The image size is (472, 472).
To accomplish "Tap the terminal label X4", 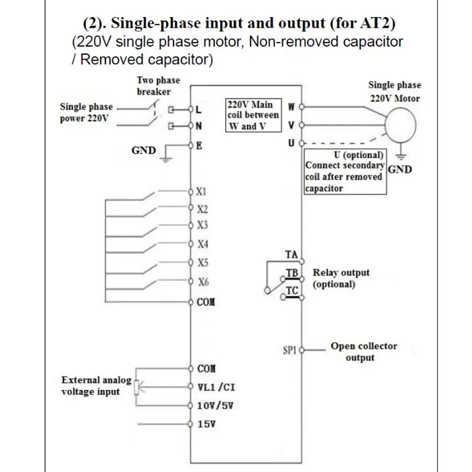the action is pos(203,244).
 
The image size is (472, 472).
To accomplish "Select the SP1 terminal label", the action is pos(290,350).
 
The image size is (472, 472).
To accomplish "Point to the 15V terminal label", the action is pos(206,424).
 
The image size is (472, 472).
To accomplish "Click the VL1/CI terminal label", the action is pos(216,387).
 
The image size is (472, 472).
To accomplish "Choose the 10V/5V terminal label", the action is pos(215,406).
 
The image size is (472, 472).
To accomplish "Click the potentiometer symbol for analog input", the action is pos(136,387).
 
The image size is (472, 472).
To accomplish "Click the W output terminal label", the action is pos(291,107).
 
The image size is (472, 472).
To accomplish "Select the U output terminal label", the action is pos(291,143).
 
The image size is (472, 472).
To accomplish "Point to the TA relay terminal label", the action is pos(291,255).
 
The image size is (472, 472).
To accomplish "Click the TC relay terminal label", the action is pos(292,291).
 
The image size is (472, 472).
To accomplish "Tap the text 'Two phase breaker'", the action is pos(158,86).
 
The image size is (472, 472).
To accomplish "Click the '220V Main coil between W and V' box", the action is pos(253,115).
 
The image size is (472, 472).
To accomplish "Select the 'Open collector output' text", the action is pos(364,352).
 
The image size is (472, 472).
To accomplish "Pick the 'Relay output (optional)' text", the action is pos(341,278).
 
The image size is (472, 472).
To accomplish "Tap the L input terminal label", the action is pos(198,109).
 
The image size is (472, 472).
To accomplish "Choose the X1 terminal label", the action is pos(201,192).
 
